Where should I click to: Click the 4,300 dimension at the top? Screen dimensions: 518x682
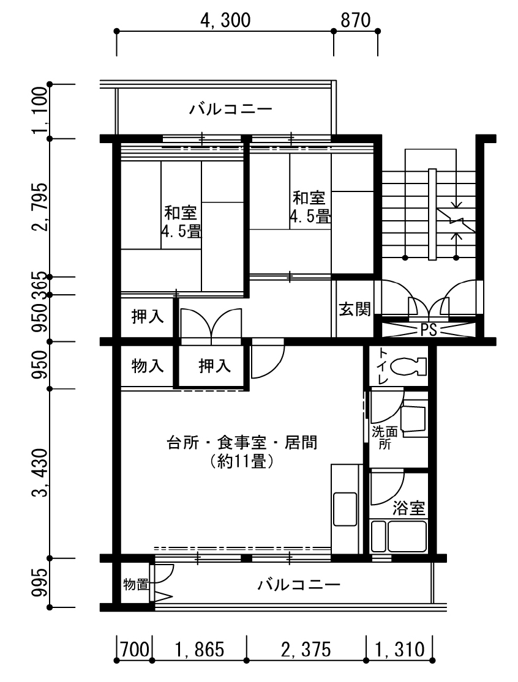tap(225, 20)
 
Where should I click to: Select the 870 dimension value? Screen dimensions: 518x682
tap(356, 20)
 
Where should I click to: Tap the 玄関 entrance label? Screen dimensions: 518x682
tap(355, 309)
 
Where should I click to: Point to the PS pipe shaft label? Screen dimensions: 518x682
tap(429, 330)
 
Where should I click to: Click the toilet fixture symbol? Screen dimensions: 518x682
tap(408, 366)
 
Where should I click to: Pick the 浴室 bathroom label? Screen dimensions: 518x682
tap(408, 508)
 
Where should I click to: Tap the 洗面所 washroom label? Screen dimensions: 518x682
tap(385, 438)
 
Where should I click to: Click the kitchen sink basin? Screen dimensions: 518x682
tap(344, 509)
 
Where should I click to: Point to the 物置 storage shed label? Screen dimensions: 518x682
tap(136, 584)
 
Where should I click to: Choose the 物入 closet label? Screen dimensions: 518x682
tap(148, 366)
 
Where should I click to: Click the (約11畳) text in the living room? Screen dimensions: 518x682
tap(242, 461)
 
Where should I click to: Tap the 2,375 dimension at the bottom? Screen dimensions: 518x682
tap(306, 650)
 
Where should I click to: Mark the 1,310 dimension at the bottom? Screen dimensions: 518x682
tap(400, 650)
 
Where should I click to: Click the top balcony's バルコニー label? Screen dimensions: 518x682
tap(231, 109)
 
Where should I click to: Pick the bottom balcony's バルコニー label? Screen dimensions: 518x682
tap(299, 585)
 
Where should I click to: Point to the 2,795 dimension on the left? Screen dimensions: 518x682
tap(40, 207)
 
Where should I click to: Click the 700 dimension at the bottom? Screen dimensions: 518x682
tap(135, 650)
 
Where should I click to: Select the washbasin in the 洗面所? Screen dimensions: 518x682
tap(413, 418)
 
